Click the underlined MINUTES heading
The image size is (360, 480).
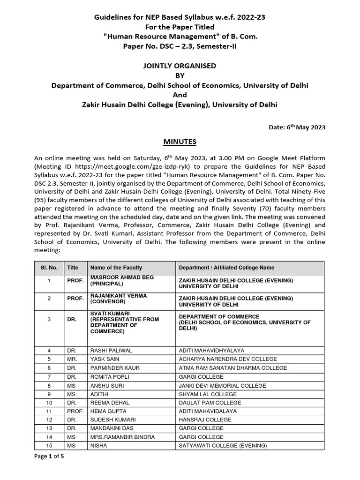180,142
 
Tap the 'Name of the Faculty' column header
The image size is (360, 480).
115,268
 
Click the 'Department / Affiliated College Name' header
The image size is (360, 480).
224,268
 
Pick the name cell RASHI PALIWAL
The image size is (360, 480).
110,350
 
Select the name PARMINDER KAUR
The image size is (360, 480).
115,368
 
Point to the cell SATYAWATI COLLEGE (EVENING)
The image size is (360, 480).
223,446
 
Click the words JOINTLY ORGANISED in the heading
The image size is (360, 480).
180,66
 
